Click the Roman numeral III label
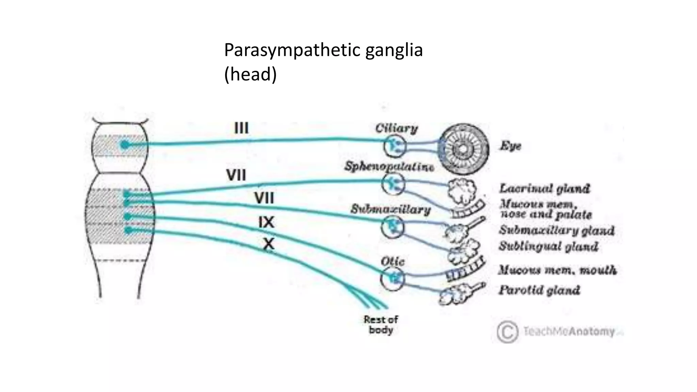(x=241, y=128)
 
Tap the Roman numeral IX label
(x=266, y=222)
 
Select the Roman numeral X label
(x=269, y=244)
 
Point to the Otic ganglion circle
(x=392, y=279)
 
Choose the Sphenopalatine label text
(x=389, y=166)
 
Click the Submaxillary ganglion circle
(x=392, y=227)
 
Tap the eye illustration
(x=463, y=149)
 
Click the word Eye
(x=510, y=146)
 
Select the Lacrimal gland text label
(x=544, y=188)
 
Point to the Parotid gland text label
(x=539, y=290)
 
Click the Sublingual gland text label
(x=548, y=246)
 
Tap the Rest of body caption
(x=380, y=325)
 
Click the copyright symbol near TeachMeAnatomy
(x=507, y=331)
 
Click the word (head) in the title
(x=250, y=74)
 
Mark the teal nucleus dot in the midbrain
(x=125, y=145)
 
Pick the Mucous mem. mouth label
(x=557, y=270)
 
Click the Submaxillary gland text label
(x=556, y=230)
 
